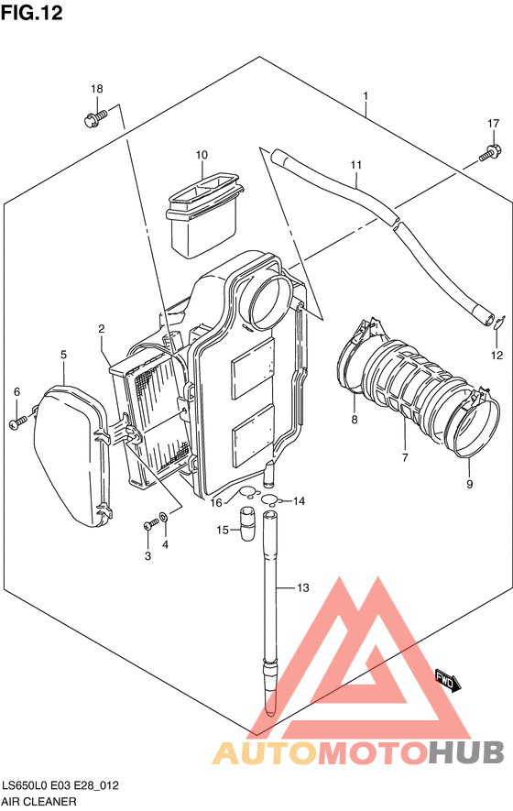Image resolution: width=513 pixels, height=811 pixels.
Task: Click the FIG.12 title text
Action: pyautogui.click(x=32, y=13)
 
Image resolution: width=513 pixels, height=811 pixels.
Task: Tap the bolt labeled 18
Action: pyautogui.click(x=94, y=118)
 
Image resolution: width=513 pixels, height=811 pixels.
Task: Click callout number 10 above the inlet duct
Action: pyautogui.click(x=202, y=155)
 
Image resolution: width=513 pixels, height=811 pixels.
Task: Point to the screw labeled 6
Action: pyautogui.click(x=17, y=422)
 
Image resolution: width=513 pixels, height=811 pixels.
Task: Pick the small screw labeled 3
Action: pyautogui.click(x=150, y=525)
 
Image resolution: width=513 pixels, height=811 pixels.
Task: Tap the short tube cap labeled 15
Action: pyautogui.click(x=247, y=523)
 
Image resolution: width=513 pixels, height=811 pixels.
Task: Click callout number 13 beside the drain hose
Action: pyautogui.click(x=303, y=587)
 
